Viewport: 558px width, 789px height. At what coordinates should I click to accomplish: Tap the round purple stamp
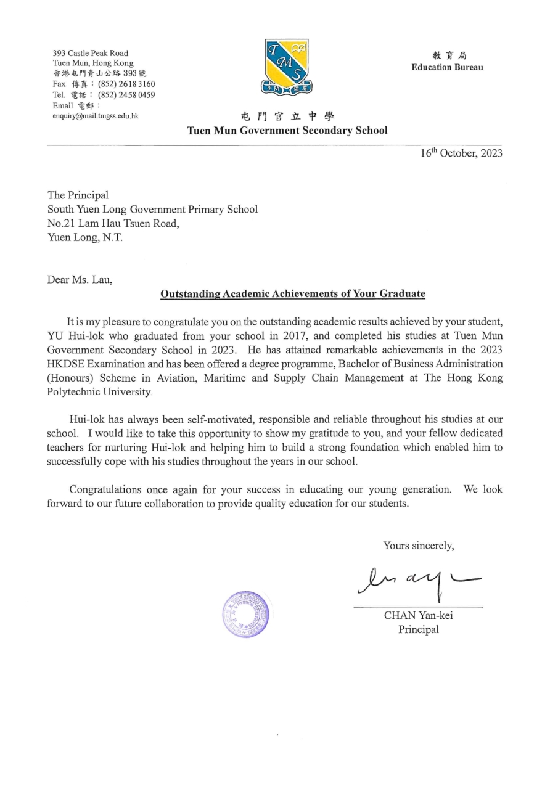point(245,613)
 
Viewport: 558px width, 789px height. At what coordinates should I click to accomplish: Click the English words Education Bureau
point(447,67)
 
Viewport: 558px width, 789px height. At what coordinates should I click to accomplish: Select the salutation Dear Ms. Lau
point(80,280)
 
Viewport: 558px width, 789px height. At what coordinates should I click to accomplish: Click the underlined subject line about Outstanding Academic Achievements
point(292,294)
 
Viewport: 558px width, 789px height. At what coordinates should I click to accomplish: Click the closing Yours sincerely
point(418,545)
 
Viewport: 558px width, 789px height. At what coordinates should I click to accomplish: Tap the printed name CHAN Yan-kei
point(418,615)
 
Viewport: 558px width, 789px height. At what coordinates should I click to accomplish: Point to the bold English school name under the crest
point(287,130)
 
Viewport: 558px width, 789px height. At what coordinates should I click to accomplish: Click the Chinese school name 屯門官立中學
point(287,116)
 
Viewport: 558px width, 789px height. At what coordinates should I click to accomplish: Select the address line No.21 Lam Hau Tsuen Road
point(113,224)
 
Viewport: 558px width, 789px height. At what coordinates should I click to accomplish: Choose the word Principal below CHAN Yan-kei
point(418,629)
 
